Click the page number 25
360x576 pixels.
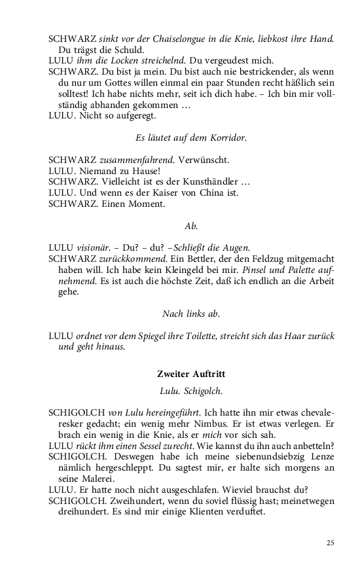330,543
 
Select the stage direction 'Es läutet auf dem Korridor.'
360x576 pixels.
191,138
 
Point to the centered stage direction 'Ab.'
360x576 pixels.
191,226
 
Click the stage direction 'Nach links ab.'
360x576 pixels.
191,314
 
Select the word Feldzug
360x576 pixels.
261,259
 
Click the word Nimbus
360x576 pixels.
189,424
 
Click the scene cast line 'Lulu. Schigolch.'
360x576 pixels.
191,391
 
